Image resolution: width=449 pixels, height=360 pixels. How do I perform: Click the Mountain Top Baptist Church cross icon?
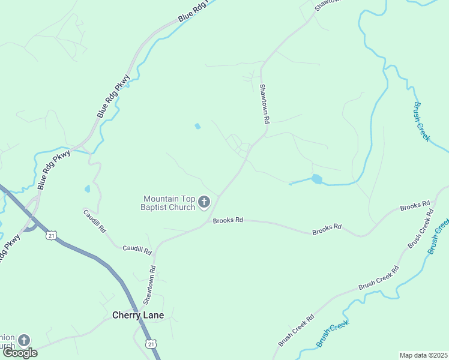204,202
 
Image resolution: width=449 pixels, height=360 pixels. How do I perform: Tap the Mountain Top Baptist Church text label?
169,203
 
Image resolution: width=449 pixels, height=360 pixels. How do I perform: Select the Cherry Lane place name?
138,315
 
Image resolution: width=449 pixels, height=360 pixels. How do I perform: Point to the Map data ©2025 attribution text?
424,355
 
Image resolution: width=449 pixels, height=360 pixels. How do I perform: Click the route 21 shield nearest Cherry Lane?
151,343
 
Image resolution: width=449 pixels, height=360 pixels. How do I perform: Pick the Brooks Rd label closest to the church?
228,220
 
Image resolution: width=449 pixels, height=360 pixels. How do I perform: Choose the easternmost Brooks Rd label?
415,206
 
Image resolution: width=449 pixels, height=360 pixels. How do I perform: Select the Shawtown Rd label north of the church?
264,103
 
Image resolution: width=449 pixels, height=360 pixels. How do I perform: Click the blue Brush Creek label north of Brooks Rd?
421,122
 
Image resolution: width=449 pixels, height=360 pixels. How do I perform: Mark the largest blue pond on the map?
316,179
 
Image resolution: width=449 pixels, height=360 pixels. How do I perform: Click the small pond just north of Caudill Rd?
88,188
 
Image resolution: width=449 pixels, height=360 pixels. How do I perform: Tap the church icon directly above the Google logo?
23,341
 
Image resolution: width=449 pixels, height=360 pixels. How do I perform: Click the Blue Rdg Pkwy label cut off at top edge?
194,12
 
